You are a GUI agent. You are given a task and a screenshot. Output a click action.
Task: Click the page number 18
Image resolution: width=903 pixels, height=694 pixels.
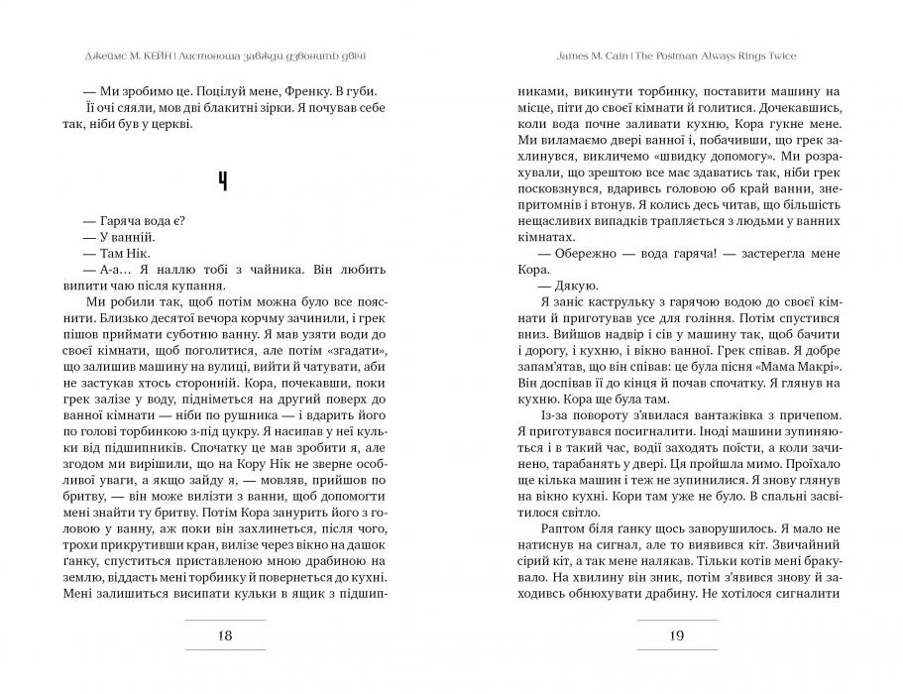(x=226, y=636)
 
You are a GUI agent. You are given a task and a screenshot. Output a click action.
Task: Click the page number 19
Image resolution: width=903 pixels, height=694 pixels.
(x=676, y=636)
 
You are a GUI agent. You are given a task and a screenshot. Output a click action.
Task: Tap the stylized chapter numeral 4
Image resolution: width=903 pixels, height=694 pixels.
(x=226, y=180)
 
